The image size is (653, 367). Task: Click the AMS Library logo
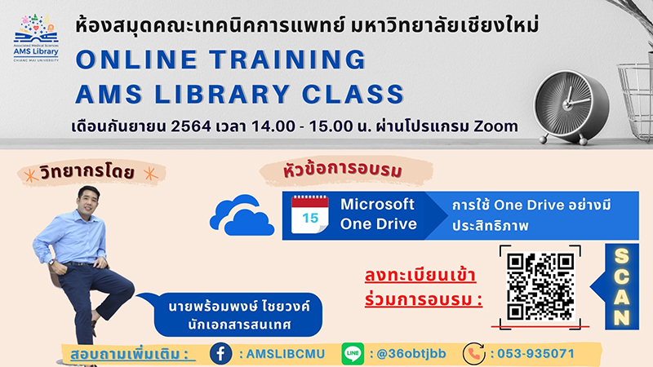pyautogui.click(x=36, y=38)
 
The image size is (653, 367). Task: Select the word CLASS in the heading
pyautogui.click(x=353, y=94)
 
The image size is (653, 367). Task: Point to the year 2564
pyautogui.click(x=191, y=126)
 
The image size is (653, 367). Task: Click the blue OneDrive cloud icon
pyautogui.click(x=242, y=214)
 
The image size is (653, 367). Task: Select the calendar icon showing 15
pyautogui.click(x=310, y=214)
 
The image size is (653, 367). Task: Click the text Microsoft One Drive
pyautogui.click(x=378, y=214)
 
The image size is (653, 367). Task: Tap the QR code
pyautogui.click(x=540, y=287)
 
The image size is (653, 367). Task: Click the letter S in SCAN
pyautogui.click(x=621, y=257)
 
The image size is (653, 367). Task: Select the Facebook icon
pyautogui.click(x=220, y=354)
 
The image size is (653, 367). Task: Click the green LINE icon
pyautogui.click(x=353, y=354)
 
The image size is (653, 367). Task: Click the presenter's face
pyautogui.click(x=89, y=201)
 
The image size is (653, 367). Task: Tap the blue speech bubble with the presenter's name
pyautogui.click(x=233, y=315)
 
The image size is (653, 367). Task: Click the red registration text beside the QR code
pyautogui.click(x=424, y=288)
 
